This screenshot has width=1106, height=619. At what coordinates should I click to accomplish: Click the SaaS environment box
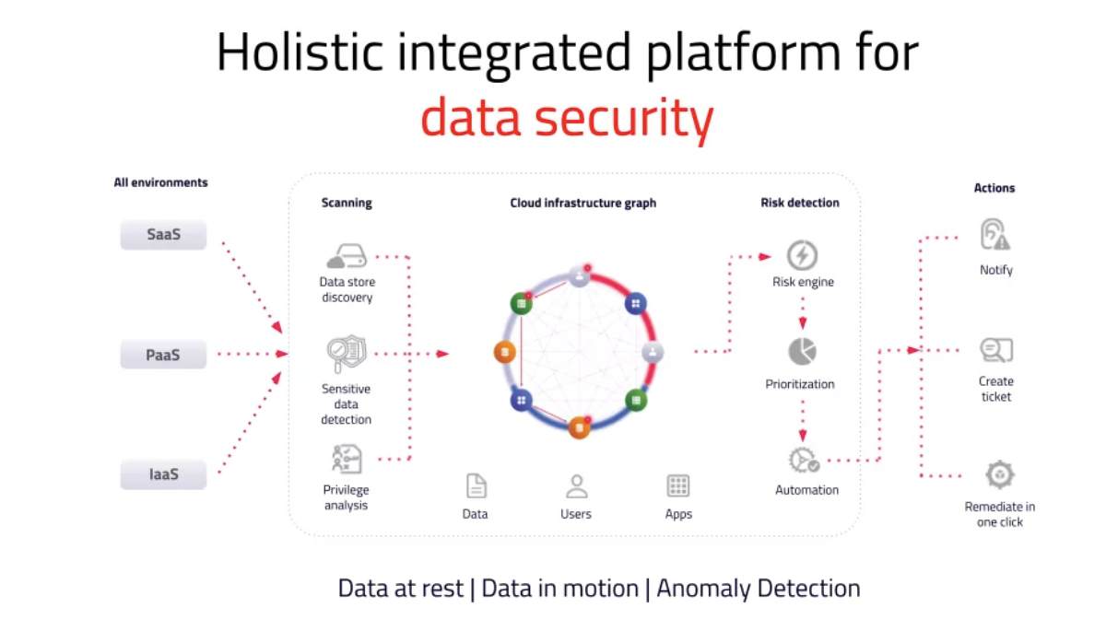(163, 235)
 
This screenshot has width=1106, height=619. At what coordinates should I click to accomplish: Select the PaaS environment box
(163, 355)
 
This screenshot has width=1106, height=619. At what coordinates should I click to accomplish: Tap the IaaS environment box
(163, 474)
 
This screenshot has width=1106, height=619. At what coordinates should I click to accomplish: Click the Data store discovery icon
(347, 256)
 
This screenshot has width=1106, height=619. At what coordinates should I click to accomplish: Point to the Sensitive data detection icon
(347, 354)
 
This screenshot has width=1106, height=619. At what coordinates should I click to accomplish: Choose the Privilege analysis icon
(347, 459)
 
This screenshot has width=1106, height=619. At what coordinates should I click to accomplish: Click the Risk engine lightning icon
(802, 255)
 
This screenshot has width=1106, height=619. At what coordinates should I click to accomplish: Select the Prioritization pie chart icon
(803, 352)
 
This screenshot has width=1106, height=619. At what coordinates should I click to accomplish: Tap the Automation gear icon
(804, 460)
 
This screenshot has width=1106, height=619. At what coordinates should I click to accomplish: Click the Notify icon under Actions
(994, 235)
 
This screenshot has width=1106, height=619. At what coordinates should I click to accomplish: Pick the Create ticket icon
(996, 350)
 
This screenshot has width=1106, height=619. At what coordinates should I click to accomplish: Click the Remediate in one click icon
(1000, 475)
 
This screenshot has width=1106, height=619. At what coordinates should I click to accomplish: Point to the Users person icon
(576, 486)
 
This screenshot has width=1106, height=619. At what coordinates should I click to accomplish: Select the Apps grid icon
(678, 486)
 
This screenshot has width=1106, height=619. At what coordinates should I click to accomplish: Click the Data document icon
(476, 486)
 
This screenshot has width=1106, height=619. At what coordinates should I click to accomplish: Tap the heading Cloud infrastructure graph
(583, 203)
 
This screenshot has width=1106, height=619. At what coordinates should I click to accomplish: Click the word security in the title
(624, 119)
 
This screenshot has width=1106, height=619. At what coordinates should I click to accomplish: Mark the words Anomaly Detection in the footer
(759, 589)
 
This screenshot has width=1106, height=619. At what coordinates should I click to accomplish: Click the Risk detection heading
(800, 203)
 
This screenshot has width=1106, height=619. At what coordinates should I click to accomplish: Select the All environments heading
(161, 182)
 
